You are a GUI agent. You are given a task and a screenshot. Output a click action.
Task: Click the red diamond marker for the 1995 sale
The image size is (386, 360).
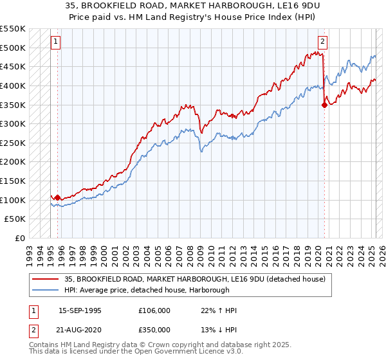coord(58,197)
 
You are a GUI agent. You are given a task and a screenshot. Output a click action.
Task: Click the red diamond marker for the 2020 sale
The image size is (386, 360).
coord(324,105)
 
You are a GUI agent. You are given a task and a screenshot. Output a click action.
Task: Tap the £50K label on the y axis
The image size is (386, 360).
coord(16,219)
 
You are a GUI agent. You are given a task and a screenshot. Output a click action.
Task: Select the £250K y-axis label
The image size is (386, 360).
coord(14,143)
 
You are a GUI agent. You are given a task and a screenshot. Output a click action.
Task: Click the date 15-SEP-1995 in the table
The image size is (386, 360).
coord(80,310)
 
